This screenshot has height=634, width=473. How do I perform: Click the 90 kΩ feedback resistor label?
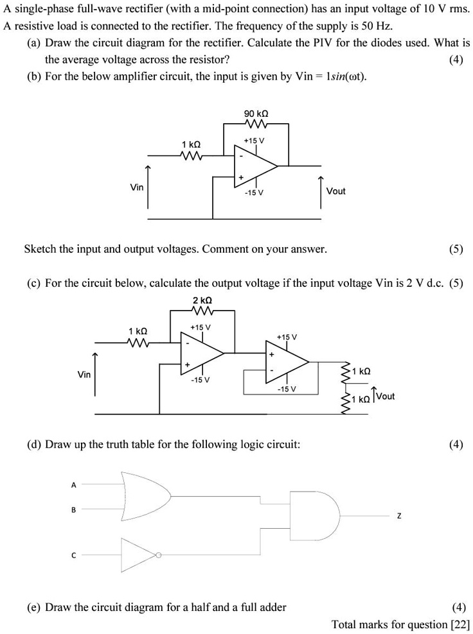(256, 114)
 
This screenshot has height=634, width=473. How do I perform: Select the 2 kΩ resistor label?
(202, 300)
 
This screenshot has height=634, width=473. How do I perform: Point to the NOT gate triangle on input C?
(137, 554)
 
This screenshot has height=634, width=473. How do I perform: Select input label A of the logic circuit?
(73, 485)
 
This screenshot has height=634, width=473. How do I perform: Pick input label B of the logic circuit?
(73, 510)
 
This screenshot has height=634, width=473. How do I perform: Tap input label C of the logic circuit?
(73, 556)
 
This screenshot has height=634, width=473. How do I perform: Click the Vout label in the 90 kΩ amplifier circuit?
(335, 191)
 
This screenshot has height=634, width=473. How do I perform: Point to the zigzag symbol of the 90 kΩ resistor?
(256, 124)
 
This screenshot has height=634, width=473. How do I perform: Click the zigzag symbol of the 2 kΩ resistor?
(202, 311)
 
